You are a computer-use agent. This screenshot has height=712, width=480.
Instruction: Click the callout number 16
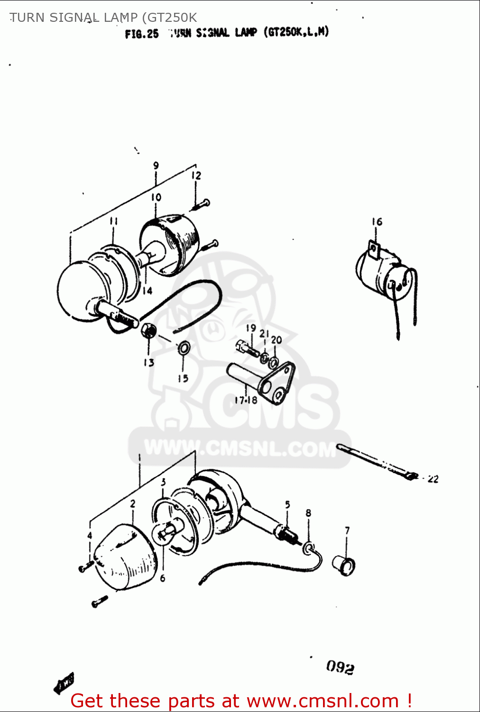377,222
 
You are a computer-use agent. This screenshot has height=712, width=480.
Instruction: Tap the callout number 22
433,479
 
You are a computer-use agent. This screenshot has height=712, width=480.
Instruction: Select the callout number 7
347,530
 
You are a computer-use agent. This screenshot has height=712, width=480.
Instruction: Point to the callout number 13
149,363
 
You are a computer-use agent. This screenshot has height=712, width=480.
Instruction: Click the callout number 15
183,378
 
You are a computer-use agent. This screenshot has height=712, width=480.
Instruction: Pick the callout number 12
196,176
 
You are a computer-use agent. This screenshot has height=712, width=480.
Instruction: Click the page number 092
340,667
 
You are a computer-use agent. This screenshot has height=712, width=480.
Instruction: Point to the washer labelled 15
184,348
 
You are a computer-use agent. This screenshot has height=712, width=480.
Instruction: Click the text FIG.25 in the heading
142,34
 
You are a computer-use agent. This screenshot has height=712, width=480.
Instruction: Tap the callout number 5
287,505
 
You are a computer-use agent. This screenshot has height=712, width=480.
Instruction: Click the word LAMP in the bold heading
246,33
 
